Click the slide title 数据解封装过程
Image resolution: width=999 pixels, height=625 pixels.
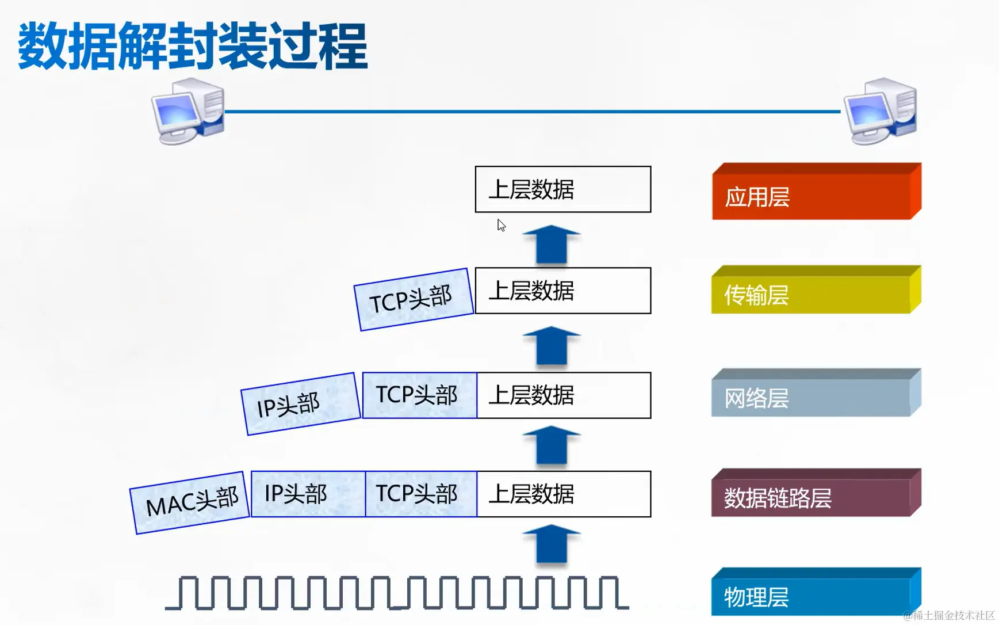[193, 46]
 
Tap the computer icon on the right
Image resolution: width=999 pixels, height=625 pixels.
[880, 111]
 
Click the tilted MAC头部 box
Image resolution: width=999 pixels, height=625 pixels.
[190, 502]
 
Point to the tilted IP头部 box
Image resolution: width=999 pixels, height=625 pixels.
[300, 404]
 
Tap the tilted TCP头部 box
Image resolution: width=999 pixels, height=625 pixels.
[413, 299]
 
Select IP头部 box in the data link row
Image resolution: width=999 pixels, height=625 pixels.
[308, 494]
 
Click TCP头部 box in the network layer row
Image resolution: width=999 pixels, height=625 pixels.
[419, 395]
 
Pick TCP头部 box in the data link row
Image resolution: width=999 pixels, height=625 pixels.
[420, 494]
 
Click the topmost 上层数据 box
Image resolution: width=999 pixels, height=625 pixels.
[562, 189]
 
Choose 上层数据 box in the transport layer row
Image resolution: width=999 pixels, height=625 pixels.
[562, 291]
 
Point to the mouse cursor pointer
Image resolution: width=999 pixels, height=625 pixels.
[501, 225]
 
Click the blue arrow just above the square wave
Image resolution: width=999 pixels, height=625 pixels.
[551, 544]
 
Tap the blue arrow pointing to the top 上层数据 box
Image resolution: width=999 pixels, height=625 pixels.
[551, 245]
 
